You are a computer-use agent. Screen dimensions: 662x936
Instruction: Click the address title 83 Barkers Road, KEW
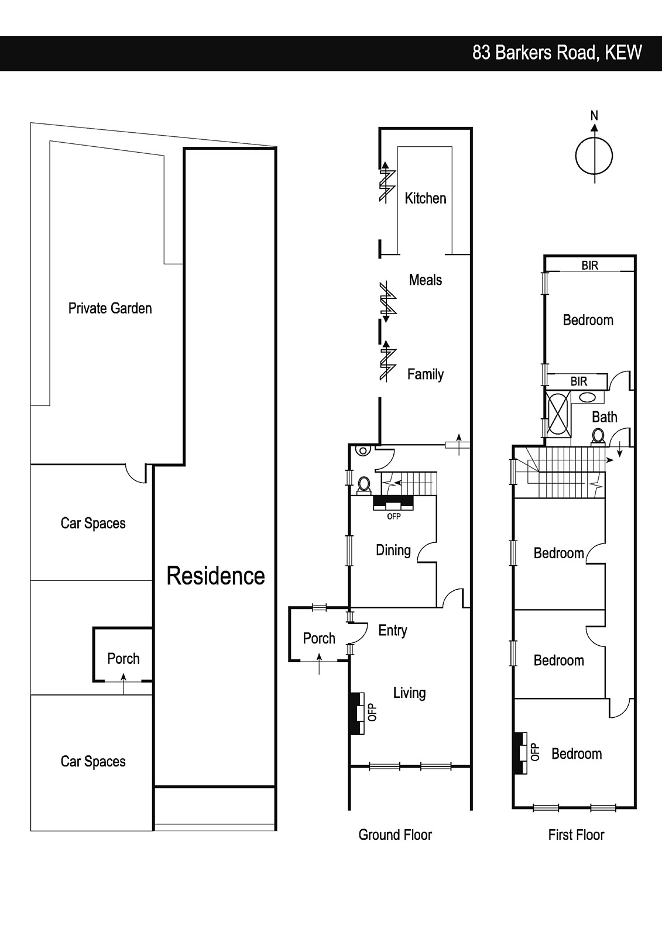pyautogui.click(x=557, y=53)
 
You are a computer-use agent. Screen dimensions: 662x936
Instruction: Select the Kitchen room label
pyautogui.click(x=426, y=198)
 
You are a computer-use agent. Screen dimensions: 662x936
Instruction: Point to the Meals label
pyautogui.click(x=426, y=280)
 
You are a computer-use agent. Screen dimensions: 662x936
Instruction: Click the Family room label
pyautogui.click(x=426, y=374)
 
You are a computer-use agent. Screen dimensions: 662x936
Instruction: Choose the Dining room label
pyautogui.click(x=393, y=550)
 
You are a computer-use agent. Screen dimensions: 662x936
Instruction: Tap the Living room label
pyautogui.click(x=409, y=693)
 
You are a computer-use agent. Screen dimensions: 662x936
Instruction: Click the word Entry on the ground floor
pyautogui.click(x=393, y=630)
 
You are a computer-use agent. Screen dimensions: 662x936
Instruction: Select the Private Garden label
pyautogui.click(x=110, y=308)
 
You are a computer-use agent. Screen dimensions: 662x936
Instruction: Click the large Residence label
pyautogui.click(x=216, y=576)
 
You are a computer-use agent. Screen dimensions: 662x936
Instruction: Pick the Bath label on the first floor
pyautogui.click(x=604, y=417)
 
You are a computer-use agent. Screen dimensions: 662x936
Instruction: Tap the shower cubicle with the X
pyautogui.click(x=559, y=414)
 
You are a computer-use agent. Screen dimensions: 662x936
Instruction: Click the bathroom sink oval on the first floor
pyautogui.click(x=587, y=397)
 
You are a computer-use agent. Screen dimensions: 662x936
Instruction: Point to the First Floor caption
pyautogui.click(x=577, y=835)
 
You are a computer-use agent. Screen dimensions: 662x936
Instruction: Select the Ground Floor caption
pyautogui.click(x=395, y=835)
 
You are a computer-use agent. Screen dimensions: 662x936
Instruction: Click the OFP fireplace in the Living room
pyautogui.click(x=358, y=713)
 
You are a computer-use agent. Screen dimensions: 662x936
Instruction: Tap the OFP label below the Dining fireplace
pyautogui.click(x=393, y=517)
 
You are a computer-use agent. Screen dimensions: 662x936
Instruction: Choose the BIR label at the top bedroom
pyautogui.click(x=589, y=266)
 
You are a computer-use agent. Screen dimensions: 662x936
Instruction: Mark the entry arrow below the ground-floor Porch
pyautogui.click(x=319, y=664)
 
